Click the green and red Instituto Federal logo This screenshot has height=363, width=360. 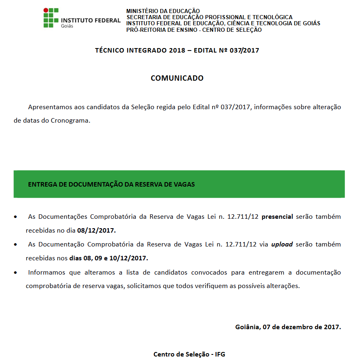51,18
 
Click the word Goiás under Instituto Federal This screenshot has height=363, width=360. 67,25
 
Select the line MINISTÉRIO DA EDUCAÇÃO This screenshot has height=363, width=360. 163,11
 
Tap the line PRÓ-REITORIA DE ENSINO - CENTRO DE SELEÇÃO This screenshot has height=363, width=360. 194,30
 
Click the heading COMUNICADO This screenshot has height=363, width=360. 177,78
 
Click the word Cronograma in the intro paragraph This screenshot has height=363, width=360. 70,121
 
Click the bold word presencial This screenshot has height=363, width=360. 277,217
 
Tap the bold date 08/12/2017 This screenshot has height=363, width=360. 97,230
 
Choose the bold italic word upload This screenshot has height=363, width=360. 282,244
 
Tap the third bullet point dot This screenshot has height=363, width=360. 15,273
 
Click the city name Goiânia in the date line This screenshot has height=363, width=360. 247,327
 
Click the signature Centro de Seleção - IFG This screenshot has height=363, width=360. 189,354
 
